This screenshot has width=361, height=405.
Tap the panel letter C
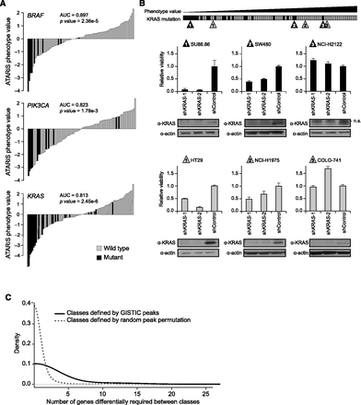click(x=7, y=297)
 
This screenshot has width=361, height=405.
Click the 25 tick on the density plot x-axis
click(x=344, y=388)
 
